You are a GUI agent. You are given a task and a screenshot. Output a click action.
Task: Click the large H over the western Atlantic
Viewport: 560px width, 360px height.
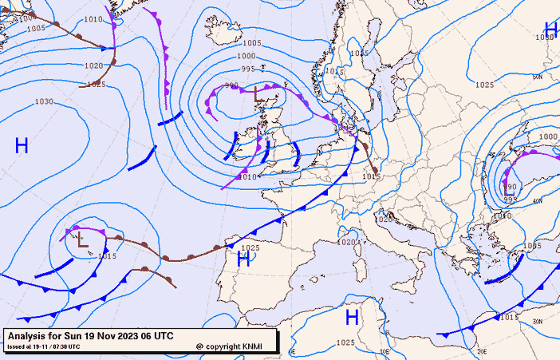tap(22, 145)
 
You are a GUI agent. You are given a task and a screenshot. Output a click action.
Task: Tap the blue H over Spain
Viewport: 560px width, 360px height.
tap(243, 259)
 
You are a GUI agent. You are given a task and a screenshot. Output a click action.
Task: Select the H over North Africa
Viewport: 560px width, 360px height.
tap(351, 317)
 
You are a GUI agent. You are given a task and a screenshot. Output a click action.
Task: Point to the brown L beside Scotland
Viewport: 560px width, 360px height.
tap(256, 96)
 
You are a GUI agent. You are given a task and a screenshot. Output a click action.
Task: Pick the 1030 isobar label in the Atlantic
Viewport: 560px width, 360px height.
tap(44, 102)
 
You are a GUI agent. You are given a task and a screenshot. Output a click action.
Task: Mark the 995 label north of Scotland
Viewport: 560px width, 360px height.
tap(248, 69)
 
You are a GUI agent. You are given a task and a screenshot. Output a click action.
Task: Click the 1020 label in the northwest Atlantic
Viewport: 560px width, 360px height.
tap(93, 66)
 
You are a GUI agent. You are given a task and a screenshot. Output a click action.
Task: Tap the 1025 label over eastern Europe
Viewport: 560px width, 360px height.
tap(484, 85)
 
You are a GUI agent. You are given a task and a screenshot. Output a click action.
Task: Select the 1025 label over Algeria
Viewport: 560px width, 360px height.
tap(345, 343)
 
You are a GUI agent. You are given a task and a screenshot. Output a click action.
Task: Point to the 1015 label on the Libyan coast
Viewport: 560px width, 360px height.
tap(510, 318)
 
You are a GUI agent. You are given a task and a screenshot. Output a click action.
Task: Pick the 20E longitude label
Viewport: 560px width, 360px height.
tap(481, 351)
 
